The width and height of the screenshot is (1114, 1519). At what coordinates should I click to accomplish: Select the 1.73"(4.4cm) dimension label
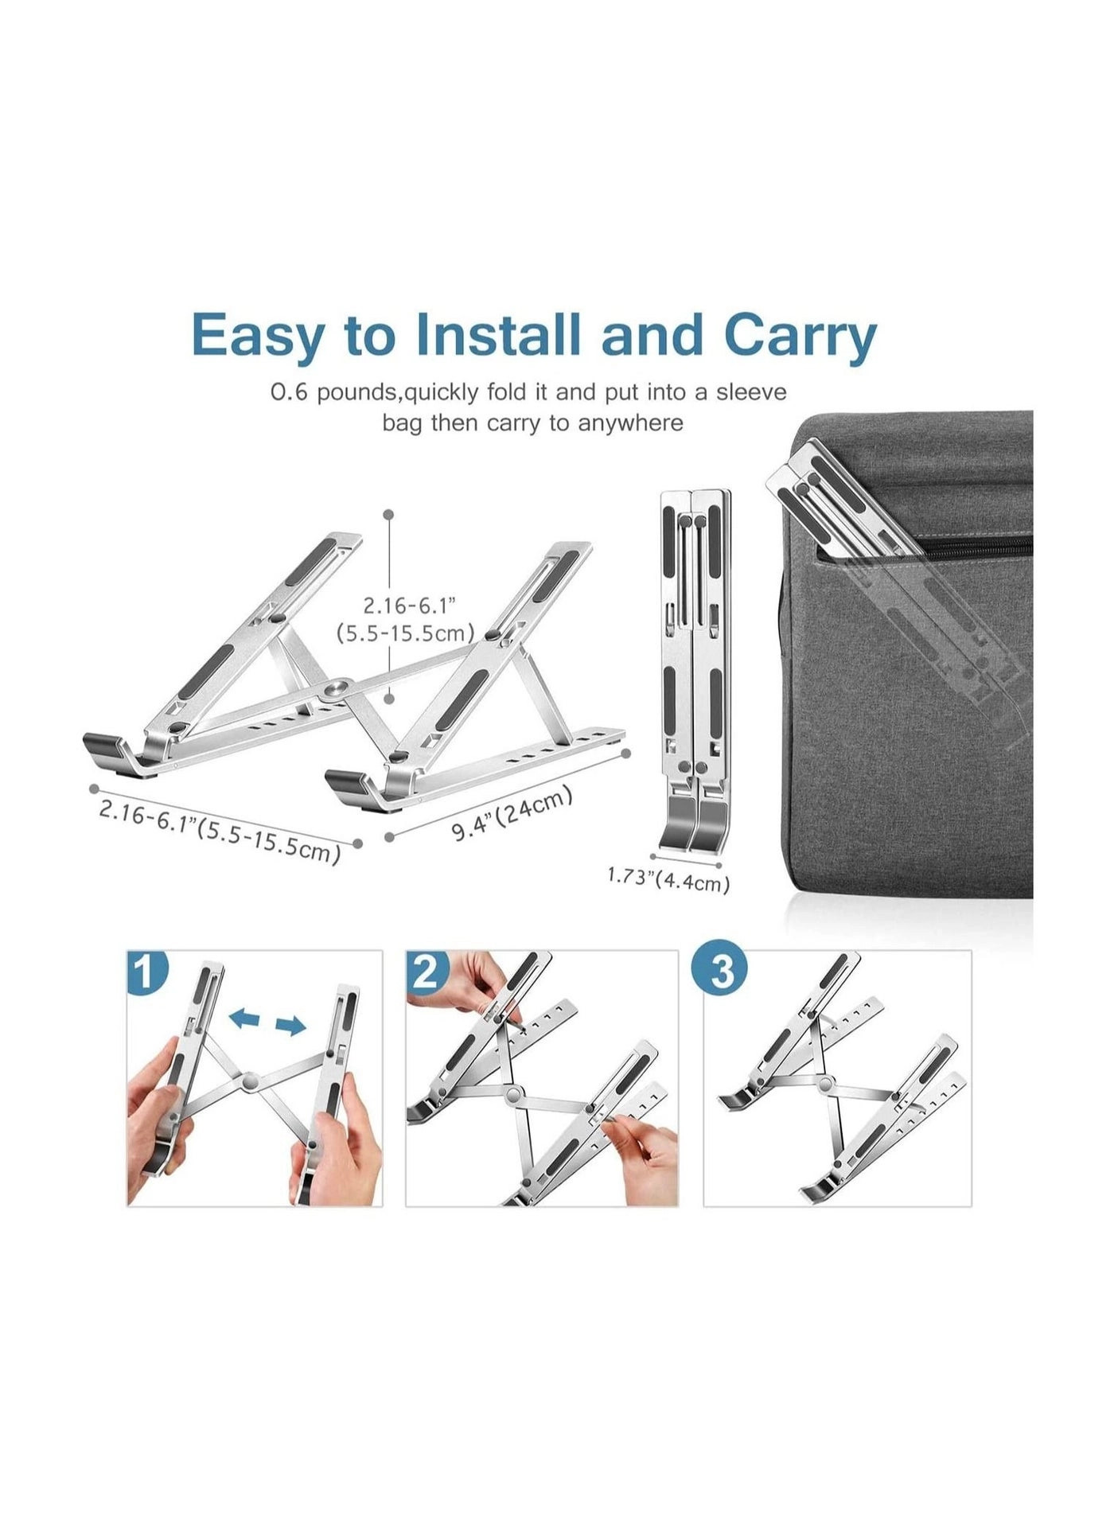668,879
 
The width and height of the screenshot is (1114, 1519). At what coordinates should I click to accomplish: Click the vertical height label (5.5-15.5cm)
405,633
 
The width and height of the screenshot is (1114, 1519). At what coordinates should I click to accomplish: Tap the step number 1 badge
148,973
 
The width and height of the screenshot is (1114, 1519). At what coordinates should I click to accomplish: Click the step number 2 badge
427,972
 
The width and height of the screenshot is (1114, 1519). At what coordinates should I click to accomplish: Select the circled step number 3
722,972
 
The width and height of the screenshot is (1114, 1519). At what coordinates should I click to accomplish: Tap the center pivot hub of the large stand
341,687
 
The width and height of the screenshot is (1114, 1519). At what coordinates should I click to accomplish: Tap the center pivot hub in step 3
825,1083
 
